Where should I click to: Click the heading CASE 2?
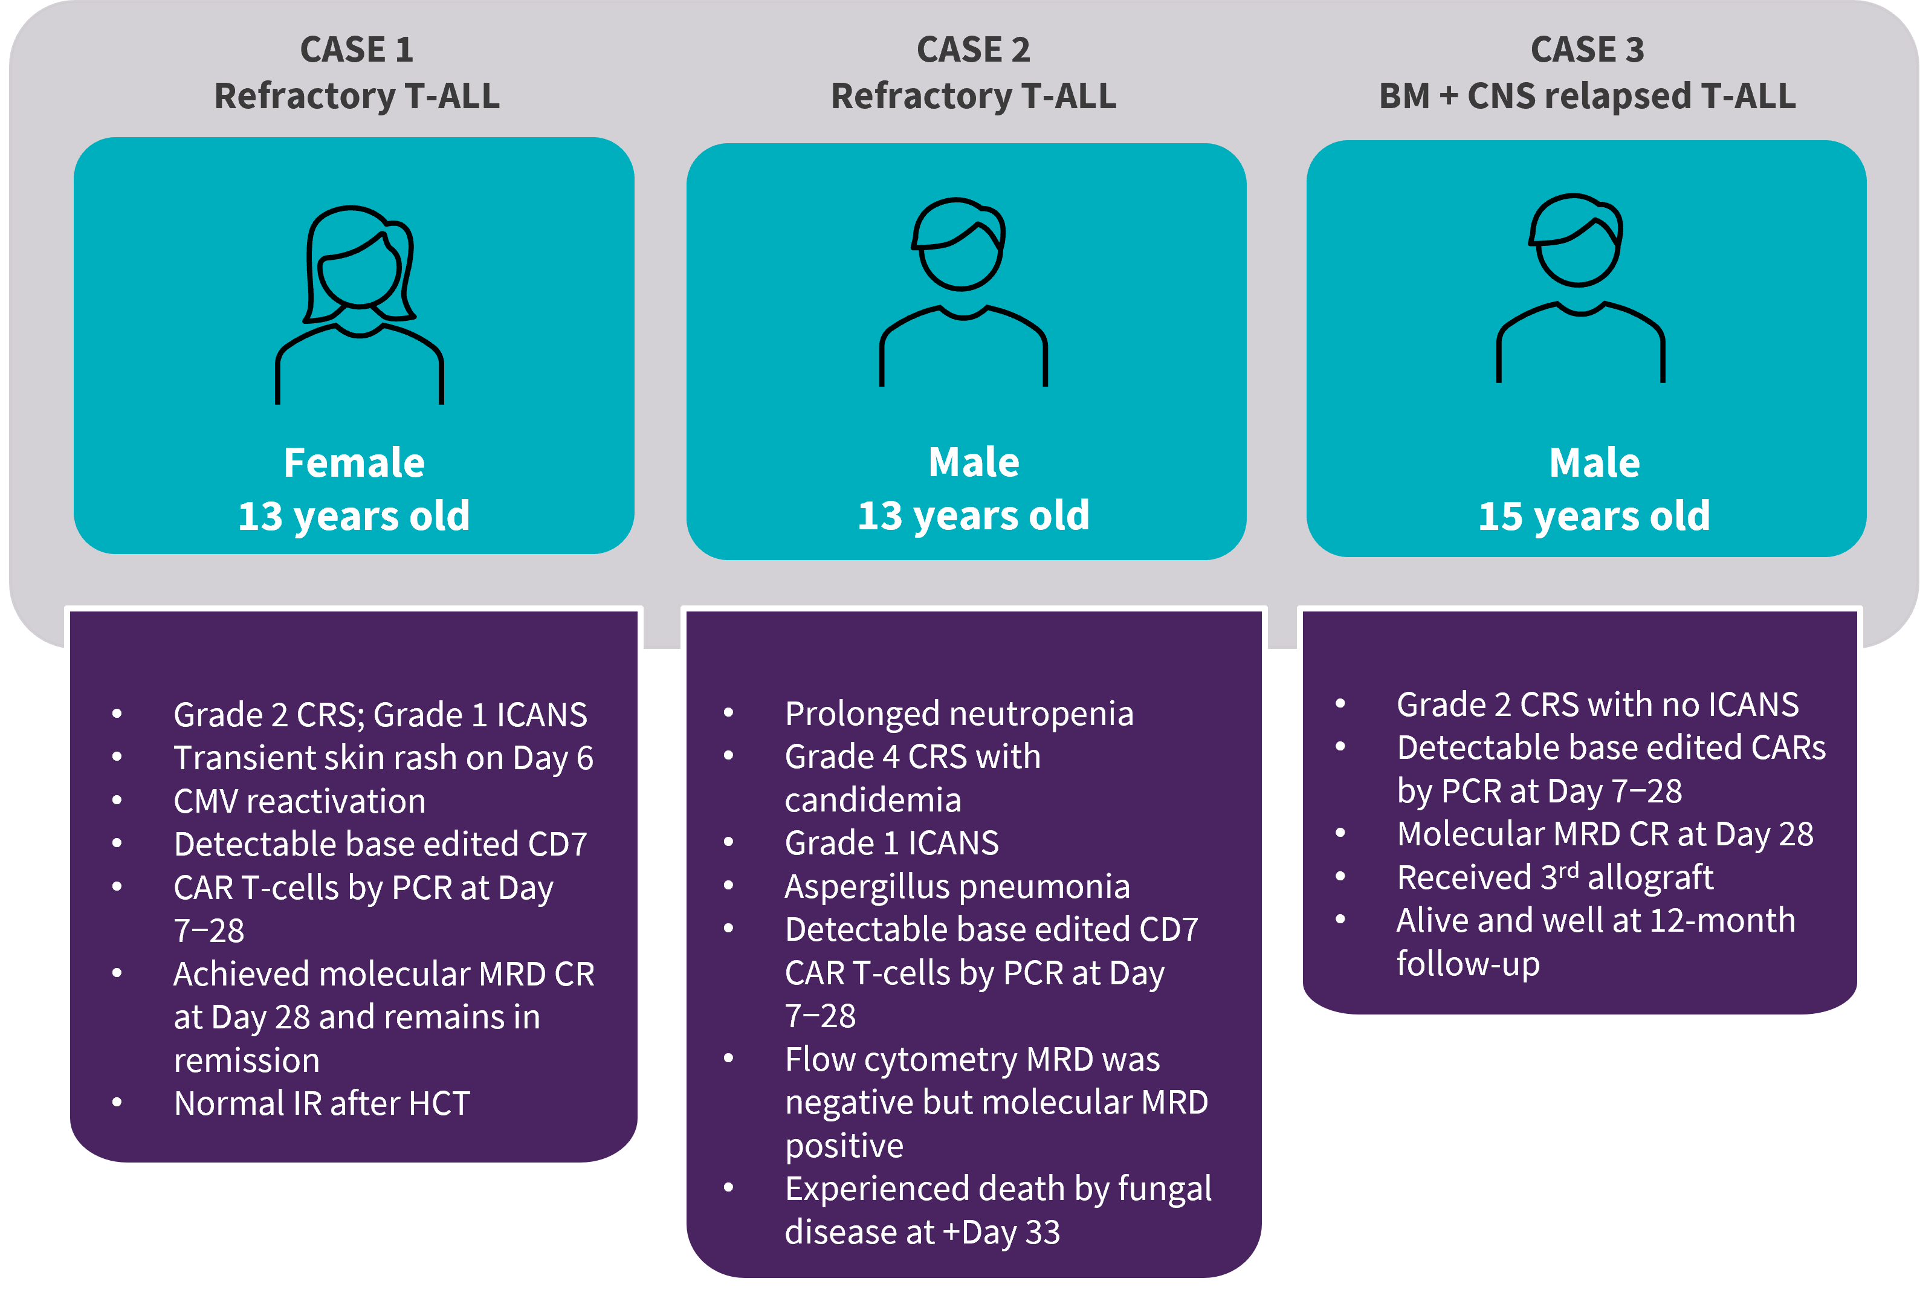[x=973, y=50]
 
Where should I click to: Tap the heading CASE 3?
[x=1587, y=50]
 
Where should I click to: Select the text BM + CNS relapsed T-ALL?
[x=1587, y=96]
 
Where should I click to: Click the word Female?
[x=354, y=463]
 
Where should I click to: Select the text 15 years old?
[x=1594, y=517]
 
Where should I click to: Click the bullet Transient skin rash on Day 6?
[x=383, y=758]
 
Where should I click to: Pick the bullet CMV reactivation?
[x=300, y=801]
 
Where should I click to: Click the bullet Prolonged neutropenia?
[x=959, y=714]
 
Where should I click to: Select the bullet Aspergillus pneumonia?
[x=957, y=886]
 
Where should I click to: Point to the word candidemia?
[x=873, y=799]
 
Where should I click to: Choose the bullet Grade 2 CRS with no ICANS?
[x=1597, y=705]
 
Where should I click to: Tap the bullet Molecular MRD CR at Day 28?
[x=1605, y=834]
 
